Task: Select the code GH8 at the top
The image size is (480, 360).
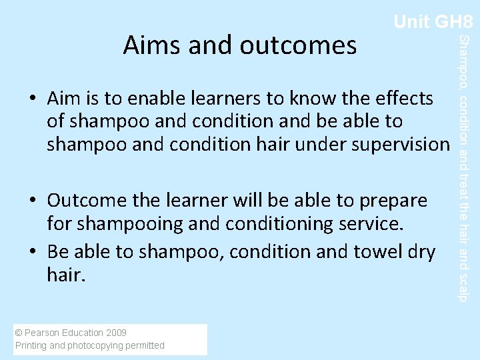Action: (454, 22)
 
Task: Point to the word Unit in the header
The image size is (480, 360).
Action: (411, 22)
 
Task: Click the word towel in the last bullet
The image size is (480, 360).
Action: (375, 251)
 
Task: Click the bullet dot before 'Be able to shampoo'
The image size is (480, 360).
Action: (33, 251)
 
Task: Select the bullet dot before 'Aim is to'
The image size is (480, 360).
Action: (33, 99)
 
